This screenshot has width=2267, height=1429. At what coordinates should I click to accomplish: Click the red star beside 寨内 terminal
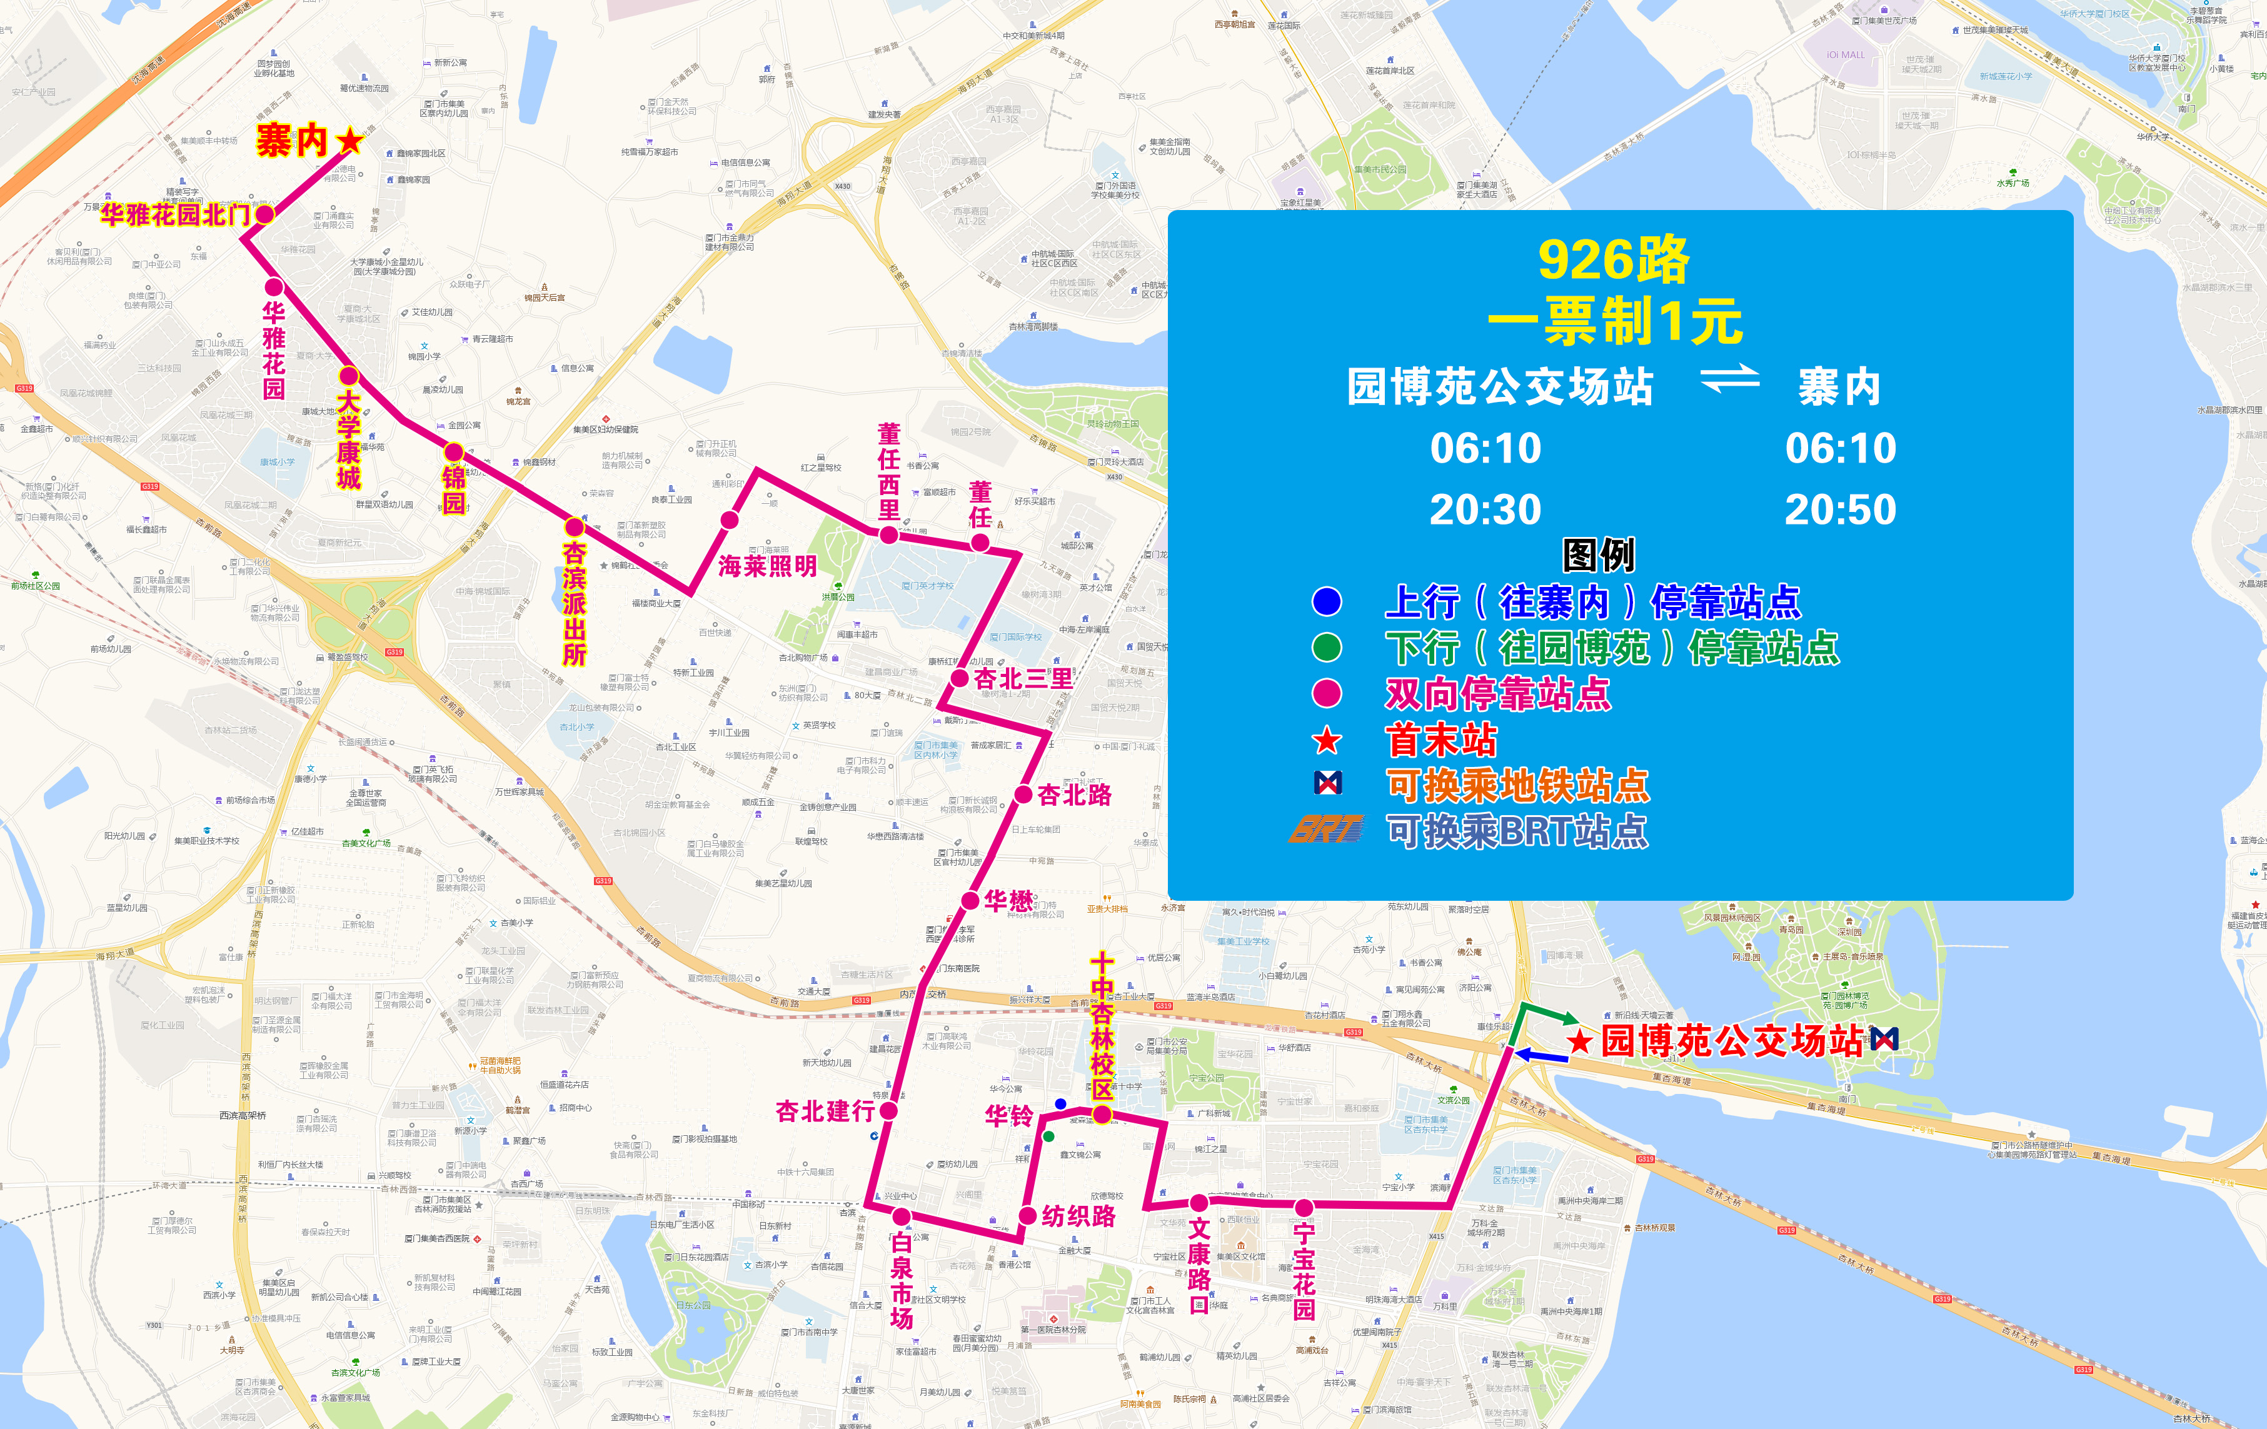(349, 141)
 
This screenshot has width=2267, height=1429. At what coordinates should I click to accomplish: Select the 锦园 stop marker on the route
(454, 452)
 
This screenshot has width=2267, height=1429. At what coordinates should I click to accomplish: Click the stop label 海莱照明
(767, 566)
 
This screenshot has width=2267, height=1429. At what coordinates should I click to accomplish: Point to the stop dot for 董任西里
(888, 534)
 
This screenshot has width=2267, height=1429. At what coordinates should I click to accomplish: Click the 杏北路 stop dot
(1023, 795)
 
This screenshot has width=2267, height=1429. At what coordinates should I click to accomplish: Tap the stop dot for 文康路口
(1199, 1202)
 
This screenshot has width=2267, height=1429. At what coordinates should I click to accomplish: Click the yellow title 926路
(1614, 260)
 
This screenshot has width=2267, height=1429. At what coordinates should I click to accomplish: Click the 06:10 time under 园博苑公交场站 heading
(1485, 448)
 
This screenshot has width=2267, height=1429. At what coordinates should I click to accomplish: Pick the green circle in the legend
(1327, 648)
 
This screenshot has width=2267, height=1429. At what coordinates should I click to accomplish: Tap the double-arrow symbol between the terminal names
(1729, 378)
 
